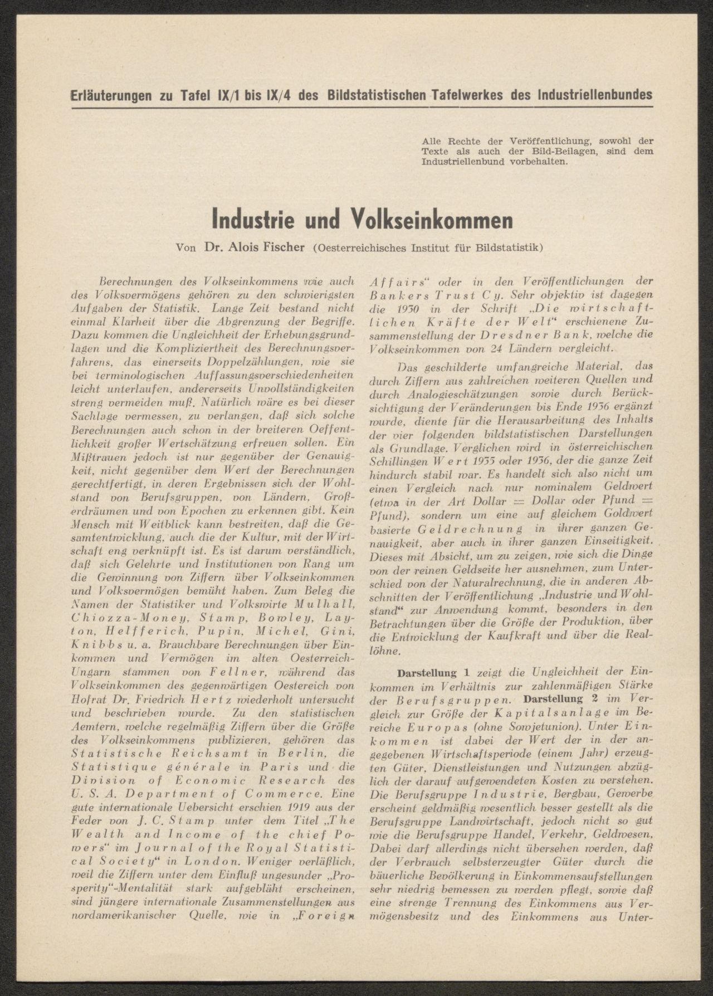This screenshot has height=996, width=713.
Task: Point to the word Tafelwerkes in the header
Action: tap(467, 95)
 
